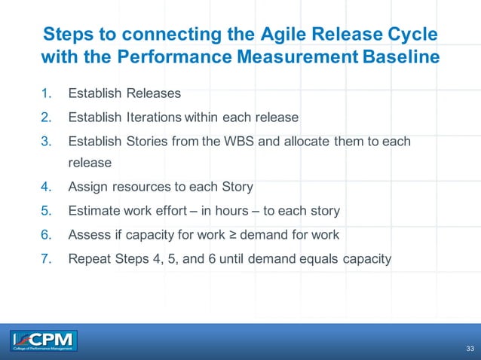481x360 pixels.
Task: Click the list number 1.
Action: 46,94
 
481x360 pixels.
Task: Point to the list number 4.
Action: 46,187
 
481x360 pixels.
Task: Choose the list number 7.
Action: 46,259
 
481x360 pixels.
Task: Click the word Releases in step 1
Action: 154,94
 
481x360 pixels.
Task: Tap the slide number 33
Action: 470,349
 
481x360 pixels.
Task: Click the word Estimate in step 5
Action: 93,211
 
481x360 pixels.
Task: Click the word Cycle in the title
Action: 408,35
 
